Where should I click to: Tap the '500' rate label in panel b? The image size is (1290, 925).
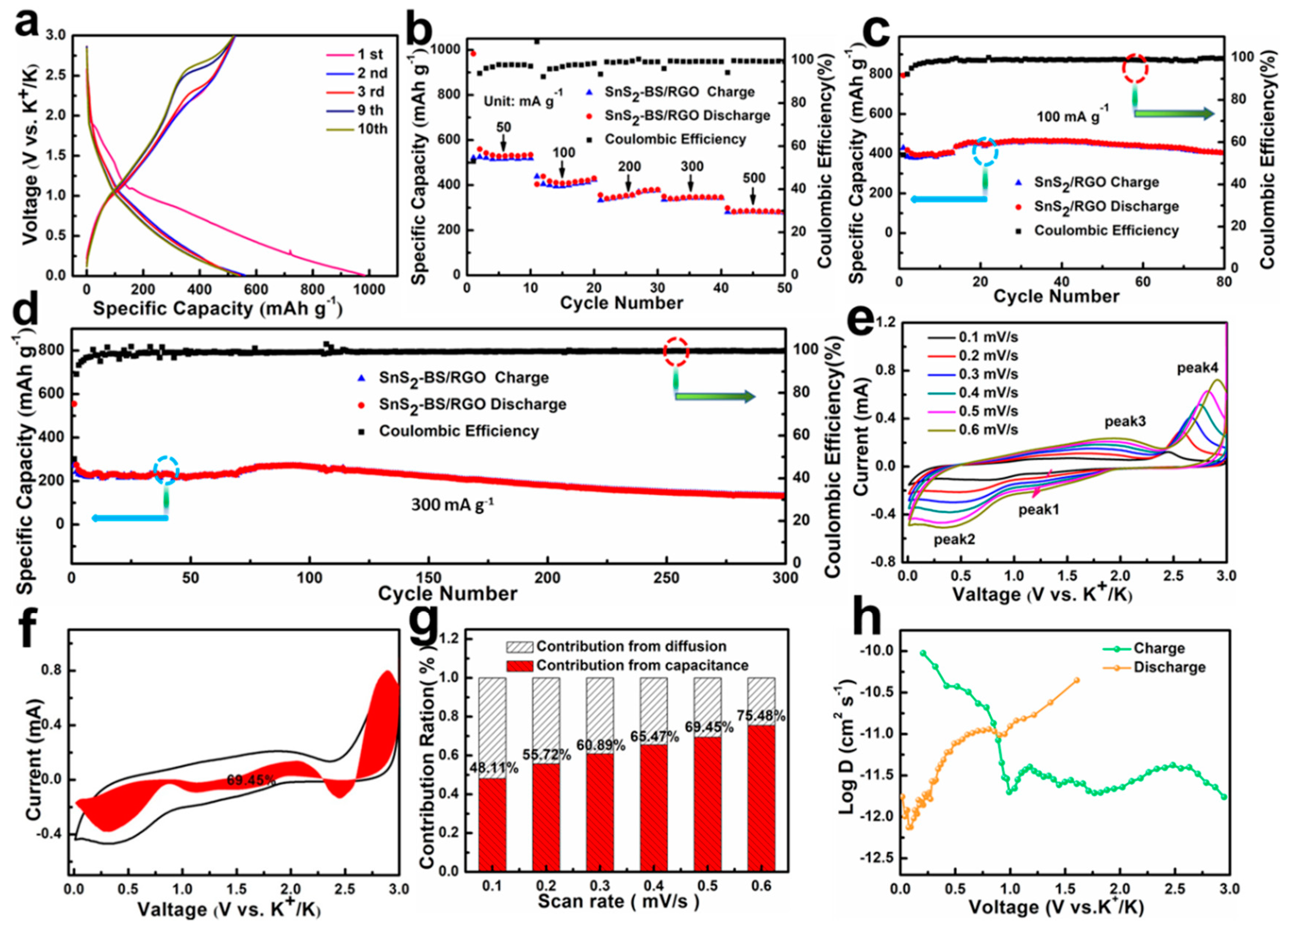[x=754, y=178]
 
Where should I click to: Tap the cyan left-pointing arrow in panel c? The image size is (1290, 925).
[x=947, y=199]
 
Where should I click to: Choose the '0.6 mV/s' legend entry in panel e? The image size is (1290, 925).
[x=988, y=430]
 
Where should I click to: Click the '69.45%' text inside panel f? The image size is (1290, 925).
[x=250, y=780]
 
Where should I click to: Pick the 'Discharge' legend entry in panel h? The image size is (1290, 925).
[x=1169, y=667]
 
